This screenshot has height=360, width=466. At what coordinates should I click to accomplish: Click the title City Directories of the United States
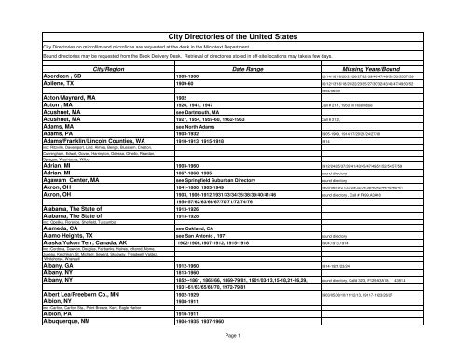point(232,35)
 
